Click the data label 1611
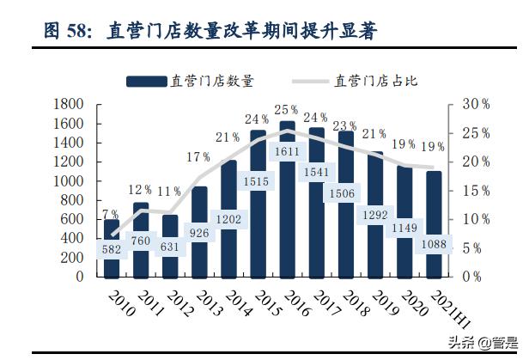click(x=288, y=152)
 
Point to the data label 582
click(x=112, y=250)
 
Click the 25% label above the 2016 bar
click(x=287, y=110)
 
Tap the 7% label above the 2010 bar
click(x=110, y=214)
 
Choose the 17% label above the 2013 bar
click(x=198, y=157)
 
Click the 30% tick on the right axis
click(x=475, y=104)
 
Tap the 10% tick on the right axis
click(x=475, y=219)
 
